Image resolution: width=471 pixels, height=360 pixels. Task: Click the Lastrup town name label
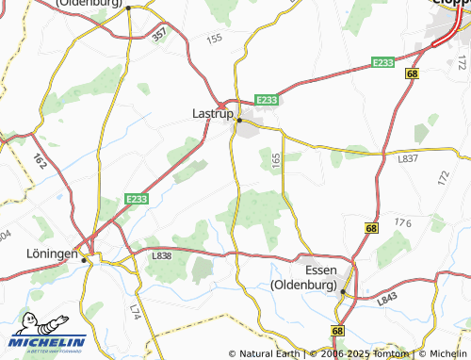pos(212,113)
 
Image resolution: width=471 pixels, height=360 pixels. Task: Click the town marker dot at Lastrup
pos(239,121)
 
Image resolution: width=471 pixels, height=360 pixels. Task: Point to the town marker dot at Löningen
pos(84,260)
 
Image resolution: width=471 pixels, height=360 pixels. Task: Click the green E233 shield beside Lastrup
pos(266,99)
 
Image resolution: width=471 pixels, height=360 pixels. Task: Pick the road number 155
pos(214,39)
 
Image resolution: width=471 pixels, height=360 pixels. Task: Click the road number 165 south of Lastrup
pos(276,162)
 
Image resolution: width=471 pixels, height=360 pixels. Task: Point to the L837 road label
pos(408,158)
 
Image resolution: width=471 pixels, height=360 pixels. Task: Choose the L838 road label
pos(162,255)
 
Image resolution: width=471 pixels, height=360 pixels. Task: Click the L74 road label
pos(134,310)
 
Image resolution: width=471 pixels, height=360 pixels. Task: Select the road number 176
pos(404,223)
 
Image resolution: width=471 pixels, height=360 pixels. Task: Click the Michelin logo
pos(49,334)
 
